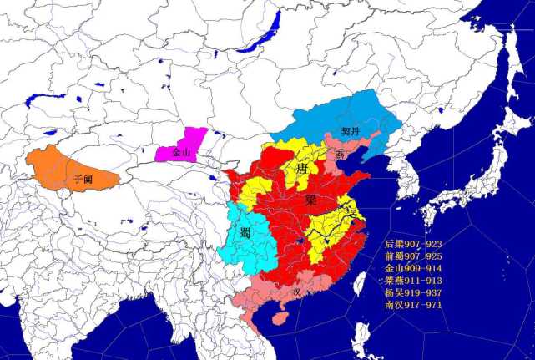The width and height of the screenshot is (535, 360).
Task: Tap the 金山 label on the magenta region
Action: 181,154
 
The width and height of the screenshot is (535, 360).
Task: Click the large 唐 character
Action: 301,171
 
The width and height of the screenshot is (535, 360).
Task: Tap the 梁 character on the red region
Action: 310,200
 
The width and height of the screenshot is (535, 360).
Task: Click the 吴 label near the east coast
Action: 353,215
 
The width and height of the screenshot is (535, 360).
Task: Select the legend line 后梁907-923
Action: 414,244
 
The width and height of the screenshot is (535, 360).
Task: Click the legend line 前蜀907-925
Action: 414,256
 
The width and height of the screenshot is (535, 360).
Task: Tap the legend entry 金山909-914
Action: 414,269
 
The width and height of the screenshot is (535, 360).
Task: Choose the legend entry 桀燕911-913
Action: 414,281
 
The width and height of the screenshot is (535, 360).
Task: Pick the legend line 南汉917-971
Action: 414,305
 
